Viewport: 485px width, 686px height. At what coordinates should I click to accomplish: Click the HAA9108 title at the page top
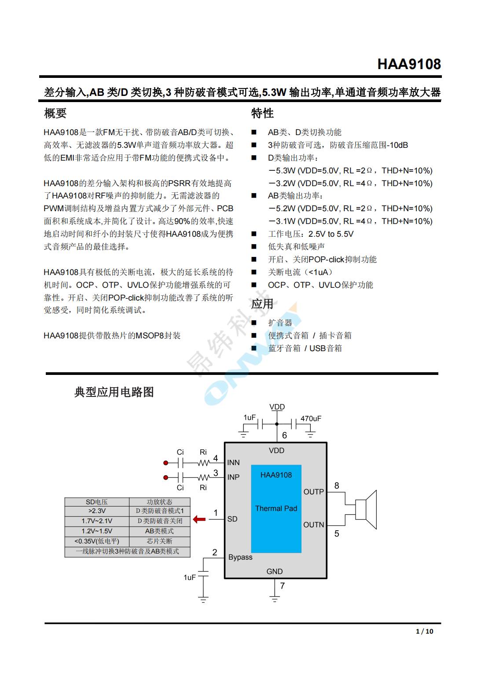409,64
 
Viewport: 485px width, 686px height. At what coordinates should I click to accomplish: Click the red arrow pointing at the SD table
199,519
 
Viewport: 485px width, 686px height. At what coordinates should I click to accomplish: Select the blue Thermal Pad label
276,508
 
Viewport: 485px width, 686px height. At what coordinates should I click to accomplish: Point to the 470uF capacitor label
311,418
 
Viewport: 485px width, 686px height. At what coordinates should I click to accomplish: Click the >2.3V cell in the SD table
97,511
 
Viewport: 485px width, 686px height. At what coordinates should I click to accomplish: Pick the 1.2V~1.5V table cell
97,531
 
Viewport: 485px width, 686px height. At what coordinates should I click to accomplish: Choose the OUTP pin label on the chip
313,492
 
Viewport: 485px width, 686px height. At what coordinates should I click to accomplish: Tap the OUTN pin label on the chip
313,525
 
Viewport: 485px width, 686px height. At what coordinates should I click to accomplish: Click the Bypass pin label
240,557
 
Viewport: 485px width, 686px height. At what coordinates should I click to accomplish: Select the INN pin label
233,462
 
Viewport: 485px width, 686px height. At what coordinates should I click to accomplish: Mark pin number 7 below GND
282,586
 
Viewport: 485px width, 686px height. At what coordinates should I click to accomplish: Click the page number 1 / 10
424,631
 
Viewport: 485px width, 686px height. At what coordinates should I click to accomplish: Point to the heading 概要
55,114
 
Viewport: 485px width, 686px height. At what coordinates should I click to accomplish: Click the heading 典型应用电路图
114,392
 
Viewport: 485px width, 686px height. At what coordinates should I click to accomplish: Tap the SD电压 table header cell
97,502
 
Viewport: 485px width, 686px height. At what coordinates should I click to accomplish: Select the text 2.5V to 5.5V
331,234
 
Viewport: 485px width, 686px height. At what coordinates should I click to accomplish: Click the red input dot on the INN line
166,463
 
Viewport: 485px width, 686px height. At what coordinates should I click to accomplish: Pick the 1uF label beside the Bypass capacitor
190,577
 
